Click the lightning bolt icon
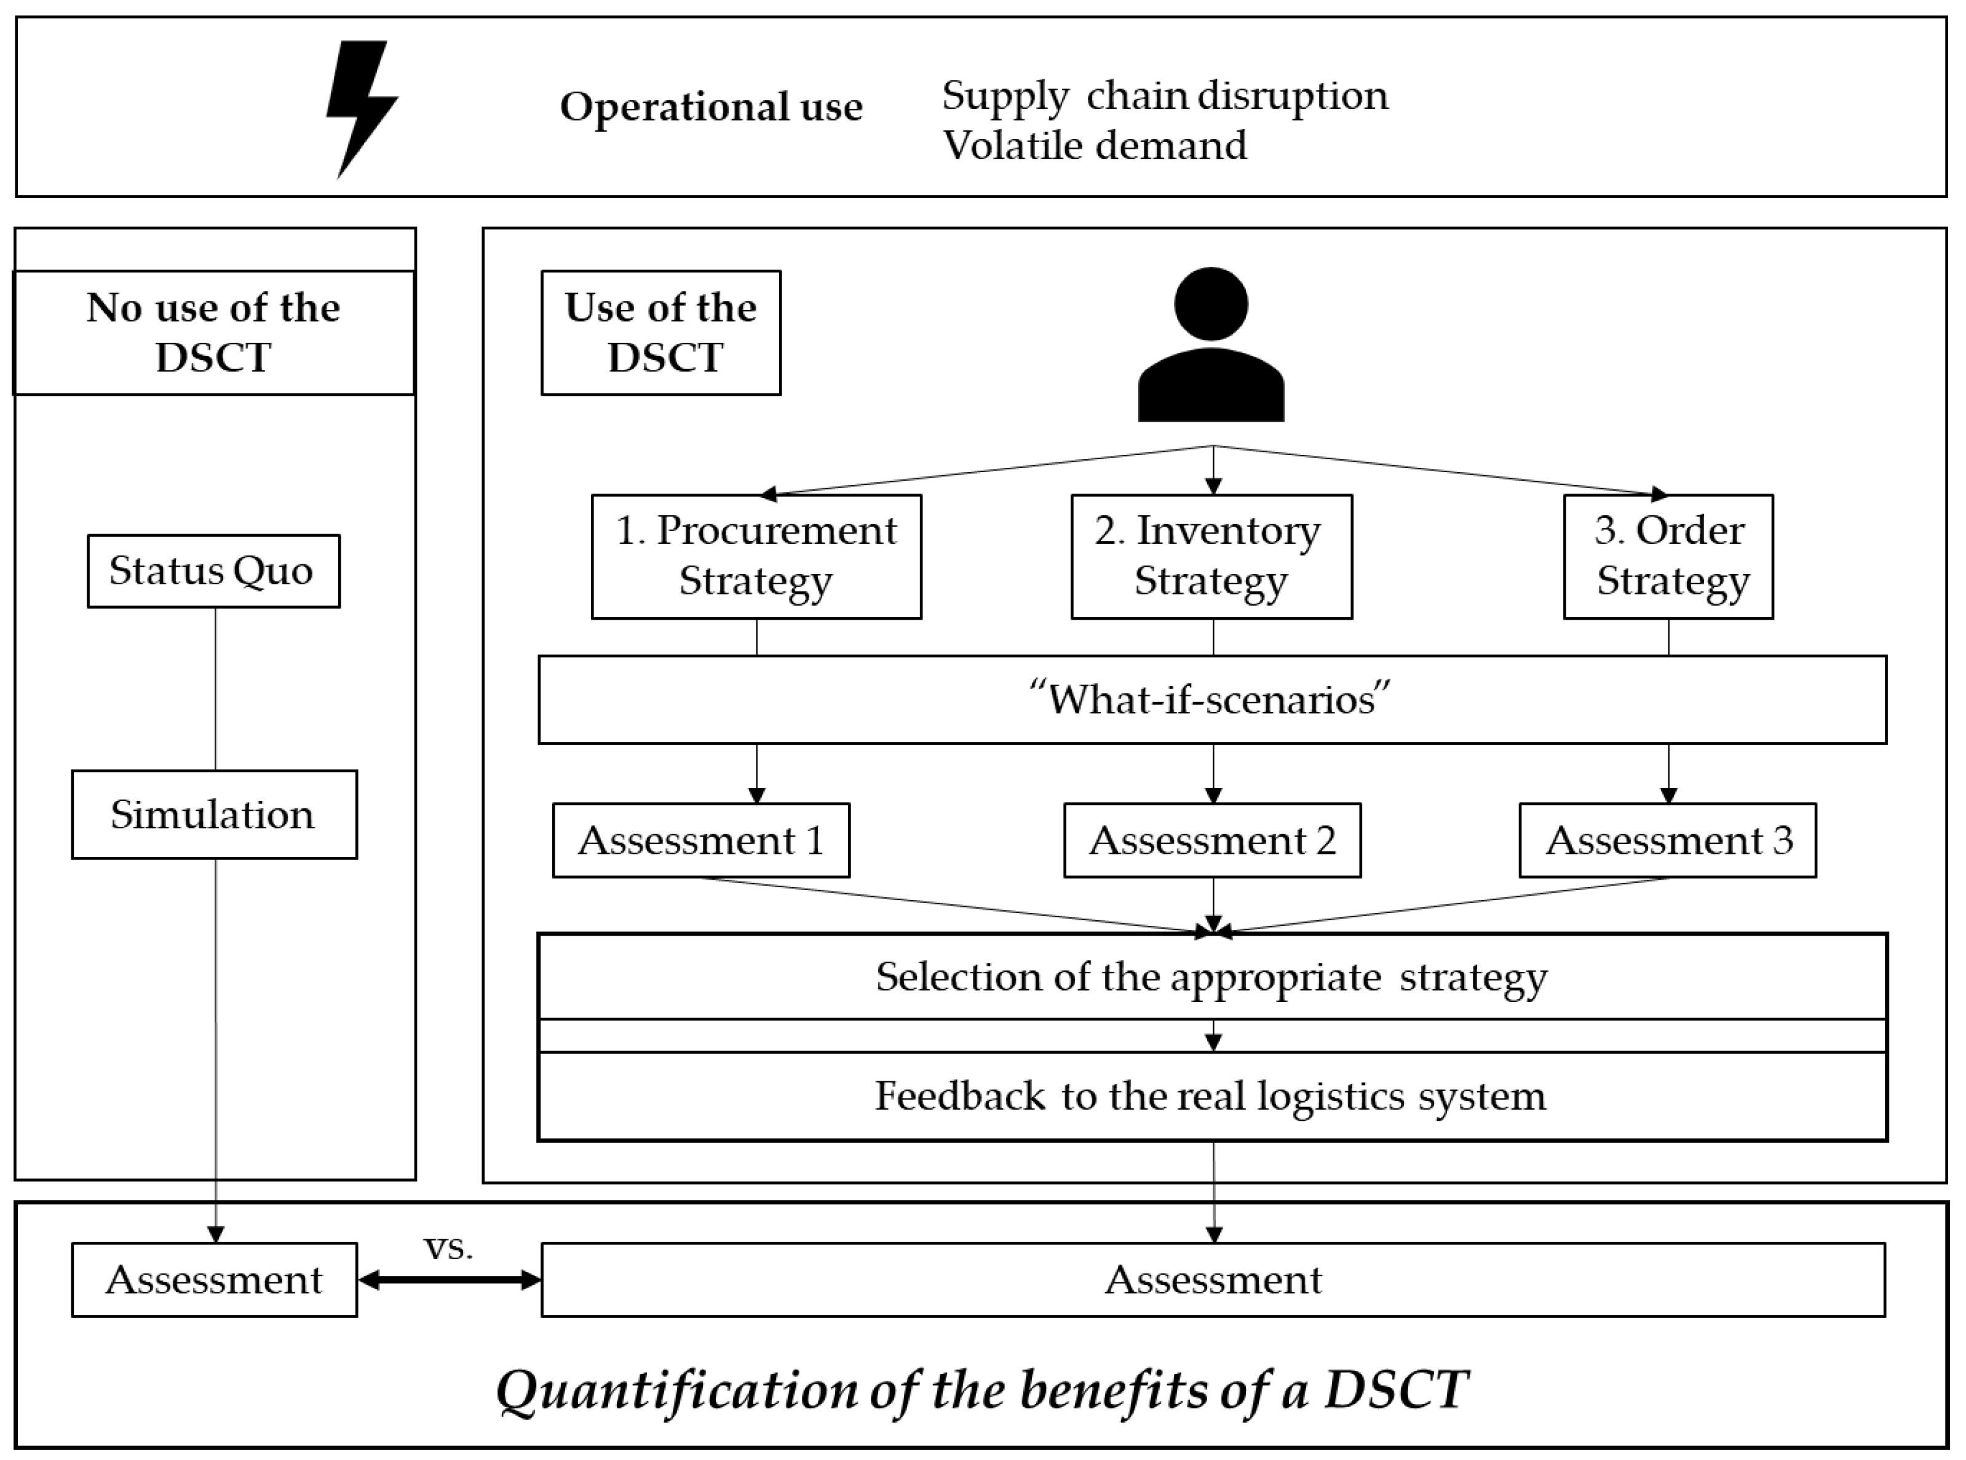coord(360,106)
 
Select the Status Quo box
coord(213,571)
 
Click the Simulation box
coord(214,814)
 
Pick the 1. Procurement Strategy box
coord(756,556)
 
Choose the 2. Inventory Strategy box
coord(1211,556)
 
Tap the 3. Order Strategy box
coord(1668,556)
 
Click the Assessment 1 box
coord(701,840)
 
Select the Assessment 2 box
coord(1212,840)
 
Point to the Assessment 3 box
coord(1667,840)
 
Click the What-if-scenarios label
coord(1212,699)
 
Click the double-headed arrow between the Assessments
coord(449,1280)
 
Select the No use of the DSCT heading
coord(213,333)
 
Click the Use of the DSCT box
coord(660,333)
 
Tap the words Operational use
coord(711,107)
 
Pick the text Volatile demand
coord(1095,145)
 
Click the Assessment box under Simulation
coord(214,1280)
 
